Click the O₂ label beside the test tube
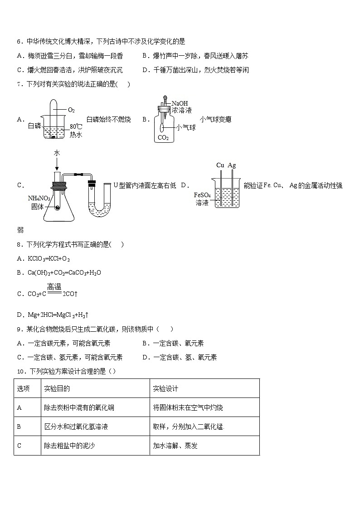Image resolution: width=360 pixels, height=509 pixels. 71,110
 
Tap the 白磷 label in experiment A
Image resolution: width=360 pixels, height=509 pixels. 34,126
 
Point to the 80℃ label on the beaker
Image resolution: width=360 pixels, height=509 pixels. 76,127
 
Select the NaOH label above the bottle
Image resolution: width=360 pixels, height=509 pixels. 180,103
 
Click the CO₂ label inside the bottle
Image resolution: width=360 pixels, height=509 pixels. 163,138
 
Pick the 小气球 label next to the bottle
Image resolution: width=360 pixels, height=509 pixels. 186,127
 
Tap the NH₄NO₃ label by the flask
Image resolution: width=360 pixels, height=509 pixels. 39,198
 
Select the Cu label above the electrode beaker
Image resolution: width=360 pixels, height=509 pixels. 220,165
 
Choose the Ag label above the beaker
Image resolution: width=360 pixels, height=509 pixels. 232,165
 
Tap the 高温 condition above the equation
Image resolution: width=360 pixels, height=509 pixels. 54,286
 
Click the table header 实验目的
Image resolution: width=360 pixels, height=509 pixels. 57,388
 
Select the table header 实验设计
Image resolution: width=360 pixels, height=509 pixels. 165,388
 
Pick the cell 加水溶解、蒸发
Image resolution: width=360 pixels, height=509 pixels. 175,446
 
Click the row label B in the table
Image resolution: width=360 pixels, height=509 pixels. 19,427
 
